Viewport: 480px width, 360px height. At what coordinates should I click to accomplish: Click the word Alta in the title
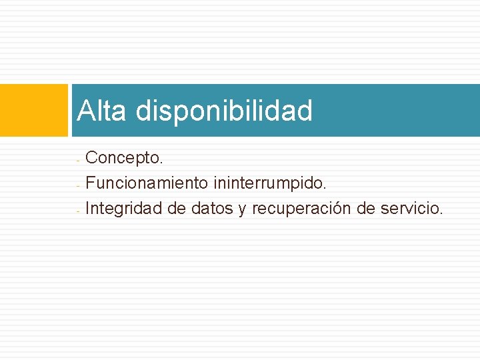[101, 111]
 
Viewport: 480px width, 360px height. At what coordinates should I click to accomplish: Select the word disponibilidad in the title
[224, 111]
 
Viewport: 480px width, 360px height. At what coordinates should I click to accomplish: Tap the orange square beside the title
[34, 110]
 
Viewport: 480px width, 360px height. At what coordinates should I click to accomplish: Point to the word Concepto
[124, 159]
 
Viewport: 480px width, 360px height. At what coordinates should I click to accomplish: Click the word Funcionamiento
[147, 183]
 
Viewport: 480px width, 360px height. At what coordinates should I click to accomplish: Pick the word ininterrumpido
[271, 183]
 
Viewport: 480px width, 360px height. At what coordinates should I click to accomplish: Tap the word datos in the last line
[210, 209]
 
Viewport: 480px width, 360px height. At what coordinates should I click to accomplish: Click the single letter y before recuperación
[241, 210]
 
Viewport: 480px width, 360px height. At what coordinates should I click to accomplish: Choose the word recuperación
[301, 209]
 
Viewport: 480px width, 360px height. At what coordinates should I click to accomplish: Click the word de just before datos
[177, 209]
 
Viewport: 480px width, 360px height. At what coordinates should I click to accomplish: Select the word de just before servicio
[366, 209]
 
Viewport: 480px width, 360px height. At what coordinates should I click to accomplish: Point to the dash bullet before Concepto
[78, 160]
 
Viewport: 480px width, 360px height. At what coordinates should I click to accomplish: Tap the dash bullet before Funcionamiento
[78, 185]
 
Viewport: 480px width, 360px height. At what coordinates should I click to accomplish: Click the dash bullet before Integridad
[78, 210]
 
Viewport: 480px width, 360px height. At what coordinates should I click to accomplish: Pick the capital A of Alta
[84, 111]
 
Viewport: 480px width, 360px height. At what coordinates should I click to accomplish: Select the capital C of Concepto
[92, 159]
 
